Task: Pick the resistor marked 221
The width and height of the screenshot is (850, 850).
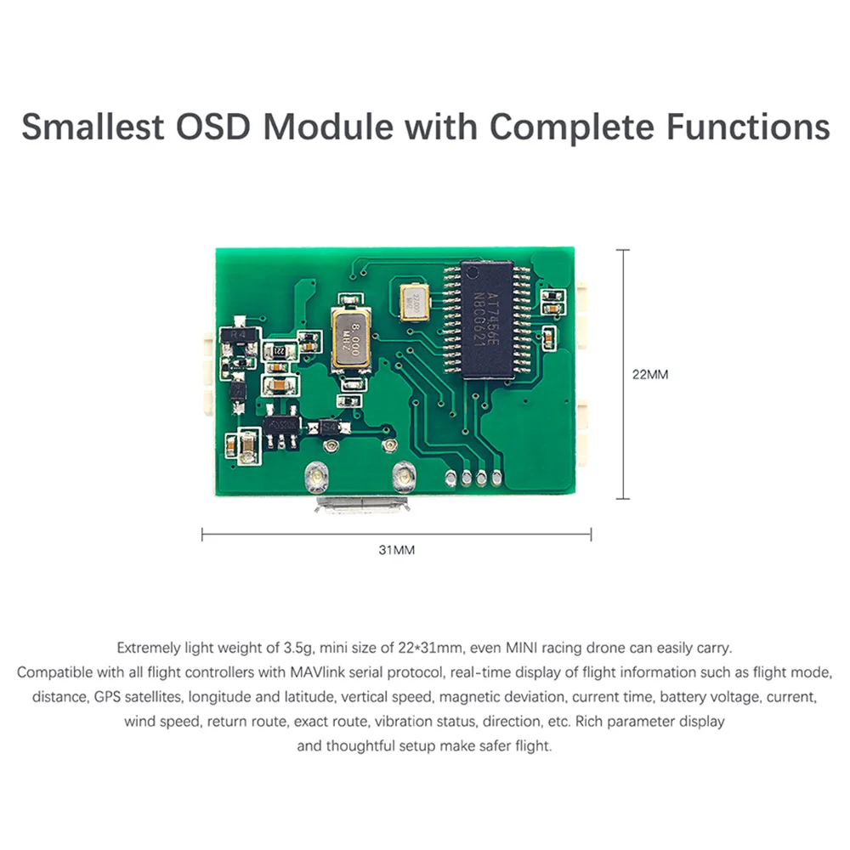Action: (277, 350)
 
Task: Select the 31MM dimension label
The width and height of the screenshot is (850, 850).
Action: (396, 551)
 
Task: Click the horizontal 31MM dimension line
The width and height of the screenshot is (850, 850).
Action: (396, 535)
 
